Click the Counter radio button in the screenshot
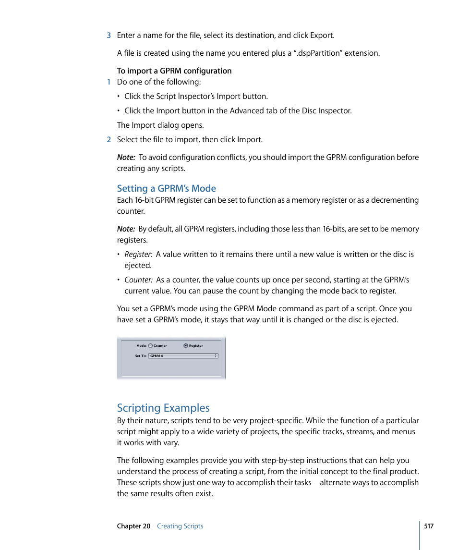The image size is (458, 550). point(150,345)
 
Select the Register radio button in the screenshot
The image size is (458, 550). point(186,345)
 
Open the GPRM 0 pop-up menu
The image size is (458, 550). point(183,356)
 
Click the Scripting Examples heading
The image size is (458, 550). point(163,408)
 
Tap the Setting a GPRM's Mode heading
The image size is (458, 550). point(166,188)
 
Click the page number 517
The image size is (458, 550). point(429,526)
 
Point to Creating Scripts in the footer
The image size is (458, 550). point(180,526)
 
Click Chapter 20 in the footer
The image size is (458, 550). point(133,526)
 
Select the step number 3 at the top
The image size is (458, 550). point(109,35)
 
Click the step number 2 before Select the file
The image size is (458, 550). point(109,140)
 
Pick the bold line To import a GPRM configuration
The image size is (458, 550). point(174,71)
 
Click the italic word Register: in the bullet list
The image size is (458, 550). point(138,255)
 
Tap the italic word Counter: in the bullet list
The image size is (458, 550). point(138,280)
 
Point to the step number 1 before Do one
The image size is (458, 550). point(109,82)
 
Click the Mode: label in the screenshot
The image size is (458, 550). point(141,345)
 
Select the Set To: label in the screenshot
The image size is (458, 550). point(140,356)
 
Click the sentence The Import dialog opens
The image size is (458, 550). point(160,125)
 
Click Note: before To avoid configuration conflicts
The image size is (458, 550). point(126,158)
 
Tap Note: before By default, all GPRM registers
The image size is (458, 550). point(126,229)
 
